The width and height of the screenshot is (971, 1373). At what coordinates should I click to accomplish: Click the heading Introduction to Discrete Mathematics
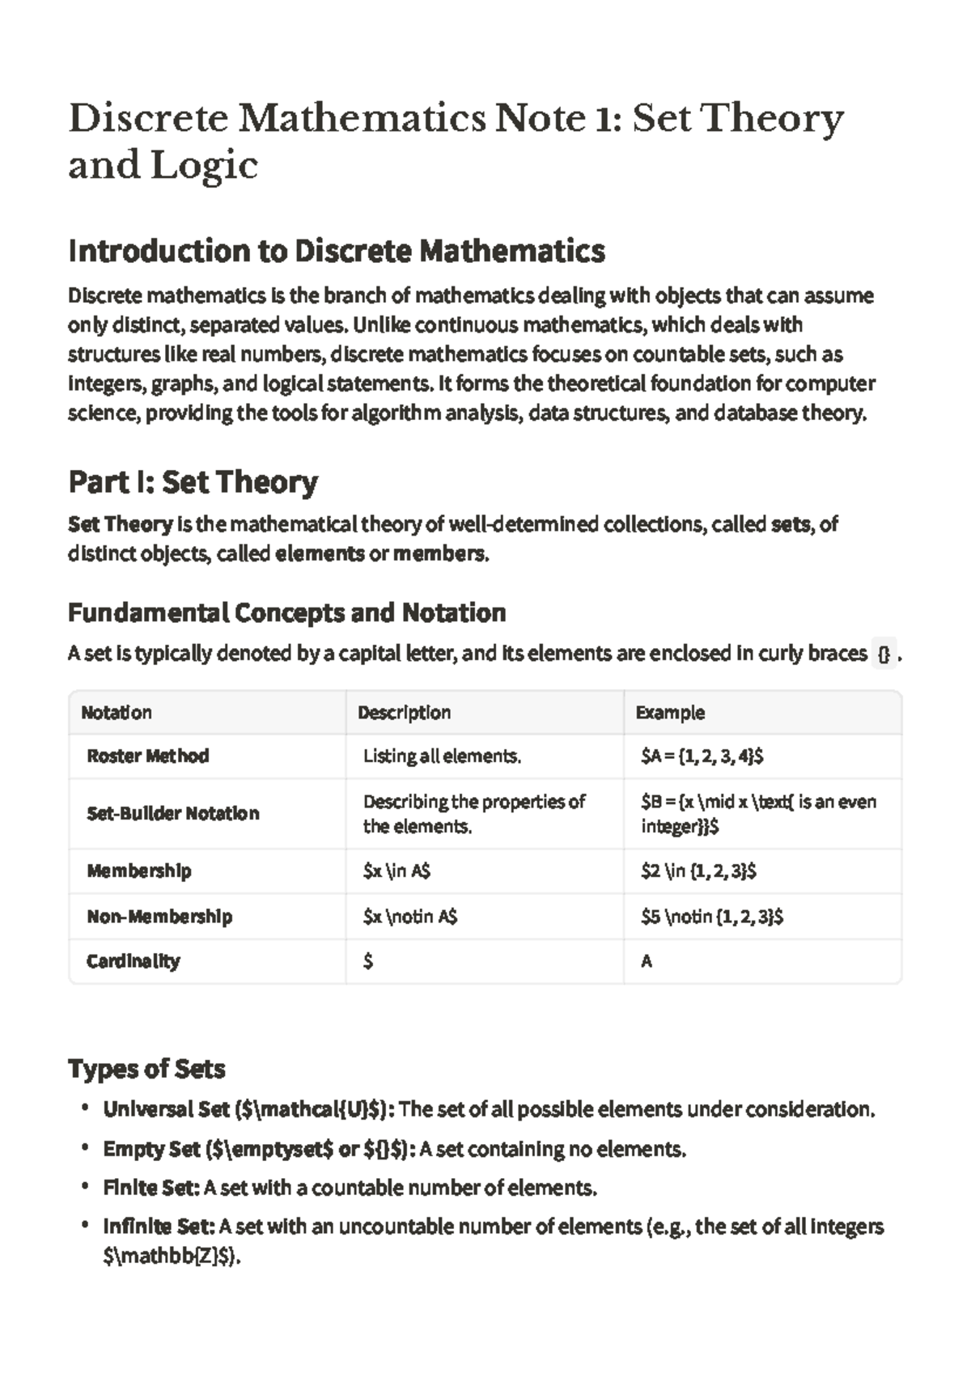tap(337, 252)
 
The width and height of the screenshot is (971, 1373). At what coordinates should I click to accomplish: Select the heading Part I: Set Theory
tap(193, 482)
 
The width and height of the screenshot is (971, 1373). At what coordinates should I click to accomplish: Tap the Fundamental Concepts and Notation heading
tap(286, 612)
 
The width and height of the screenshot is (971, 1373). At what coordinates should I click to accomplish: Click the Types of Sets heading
tap(146, 1069)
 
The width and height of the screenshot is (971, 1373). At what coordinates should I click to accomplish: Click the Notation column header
tap(117, 713)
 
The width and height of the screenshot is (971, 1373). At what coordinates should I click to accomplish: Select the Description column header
tap(404, 713)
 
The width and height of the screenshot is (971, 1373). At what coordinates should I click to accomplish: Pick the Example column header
tap(670, 713)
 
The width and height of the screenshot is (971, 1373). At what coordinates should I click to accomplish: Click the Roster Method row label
tap(148, 756)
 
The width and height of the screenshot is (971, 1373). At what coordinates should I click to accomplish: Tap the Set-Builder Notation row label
tap(173, 813)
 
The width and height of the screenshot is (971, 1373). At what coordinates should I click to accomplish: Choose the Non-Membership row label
tap(159, 917)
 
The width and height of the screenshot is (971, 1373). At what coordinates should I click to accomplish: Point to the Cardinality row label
tap(134, 961)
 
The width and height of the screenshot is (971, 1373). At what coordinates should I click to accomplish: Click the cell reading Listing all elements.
tap(442, 756)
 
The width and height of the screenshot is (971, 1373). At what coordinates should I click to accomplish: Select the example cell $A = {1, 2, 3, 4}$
tap(702, 756)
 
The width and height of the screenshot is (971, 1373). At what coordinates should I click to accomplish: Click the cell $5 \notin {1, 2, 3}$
tap(711, 917)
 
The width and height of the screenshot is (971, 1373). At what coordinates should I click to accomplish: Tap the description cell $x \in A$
tap(396, 871)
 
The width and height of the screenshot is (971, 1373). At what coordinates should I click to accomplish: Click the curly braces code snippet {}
tap(884, 654)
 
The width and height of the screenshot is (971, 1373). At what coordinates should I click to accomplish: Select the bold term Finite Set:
tap(151, 1188)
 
